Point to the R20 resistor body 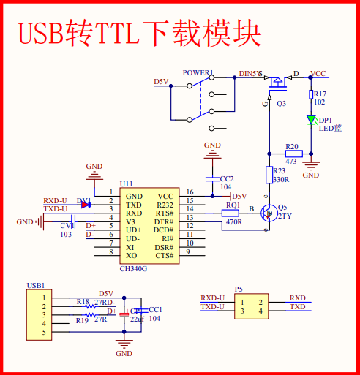tap(293, 154)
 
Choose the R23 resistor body tap(269, 174)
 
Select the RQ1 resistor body tap(233, 213)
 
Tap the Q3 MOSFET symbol tap(277, 81)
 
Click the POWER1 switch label tap(198, 73)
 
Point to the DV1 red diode tap(86, 205)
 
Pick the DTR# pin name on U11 tap(163, 221)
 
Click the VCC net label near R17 tap(318, 74)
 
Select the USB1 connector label tap(36, 285)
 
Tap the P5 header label tap(239, 289)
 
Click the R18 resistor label tap(83, 301)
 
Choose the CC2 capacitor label tap(227, 178)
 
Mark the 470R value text tap(233, 222)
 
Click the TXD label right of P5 tap(298, 307)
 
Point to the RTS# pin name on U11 tap(164, 213)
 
